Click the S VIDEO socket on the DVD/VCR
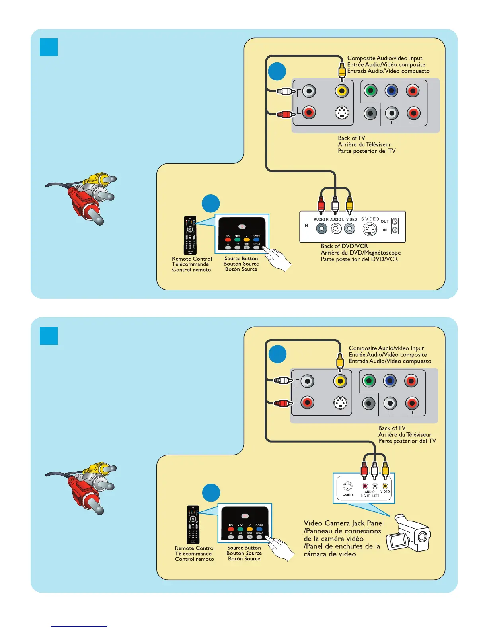coord(370,229)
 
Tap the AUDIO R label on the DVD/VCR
coord(321,220)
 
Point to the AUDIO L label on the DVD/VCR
coord(337,220)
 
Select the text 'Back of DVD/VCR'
coord(344,246)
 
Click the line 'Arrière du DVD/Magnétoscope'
coord(360,253)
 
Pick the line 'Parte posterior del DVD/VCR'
coord(359,259)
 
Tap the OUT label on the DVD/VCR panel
coord(384,222)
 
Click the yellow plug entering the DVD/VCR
coord(349,204)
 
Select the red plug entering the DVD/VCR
coord(321,204)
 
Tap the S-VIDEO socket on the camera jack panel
coord(347,486)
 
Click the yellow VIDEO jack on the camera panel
coord(385,486)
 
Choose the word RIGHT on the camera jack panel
coord(365,496)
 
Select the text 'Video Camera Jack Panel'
coord(343,523)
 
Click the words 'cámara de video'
coord(329,554)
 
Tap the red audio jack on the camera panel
coord(364,486)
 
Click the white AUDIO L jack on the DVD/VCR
coord(336,229)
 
